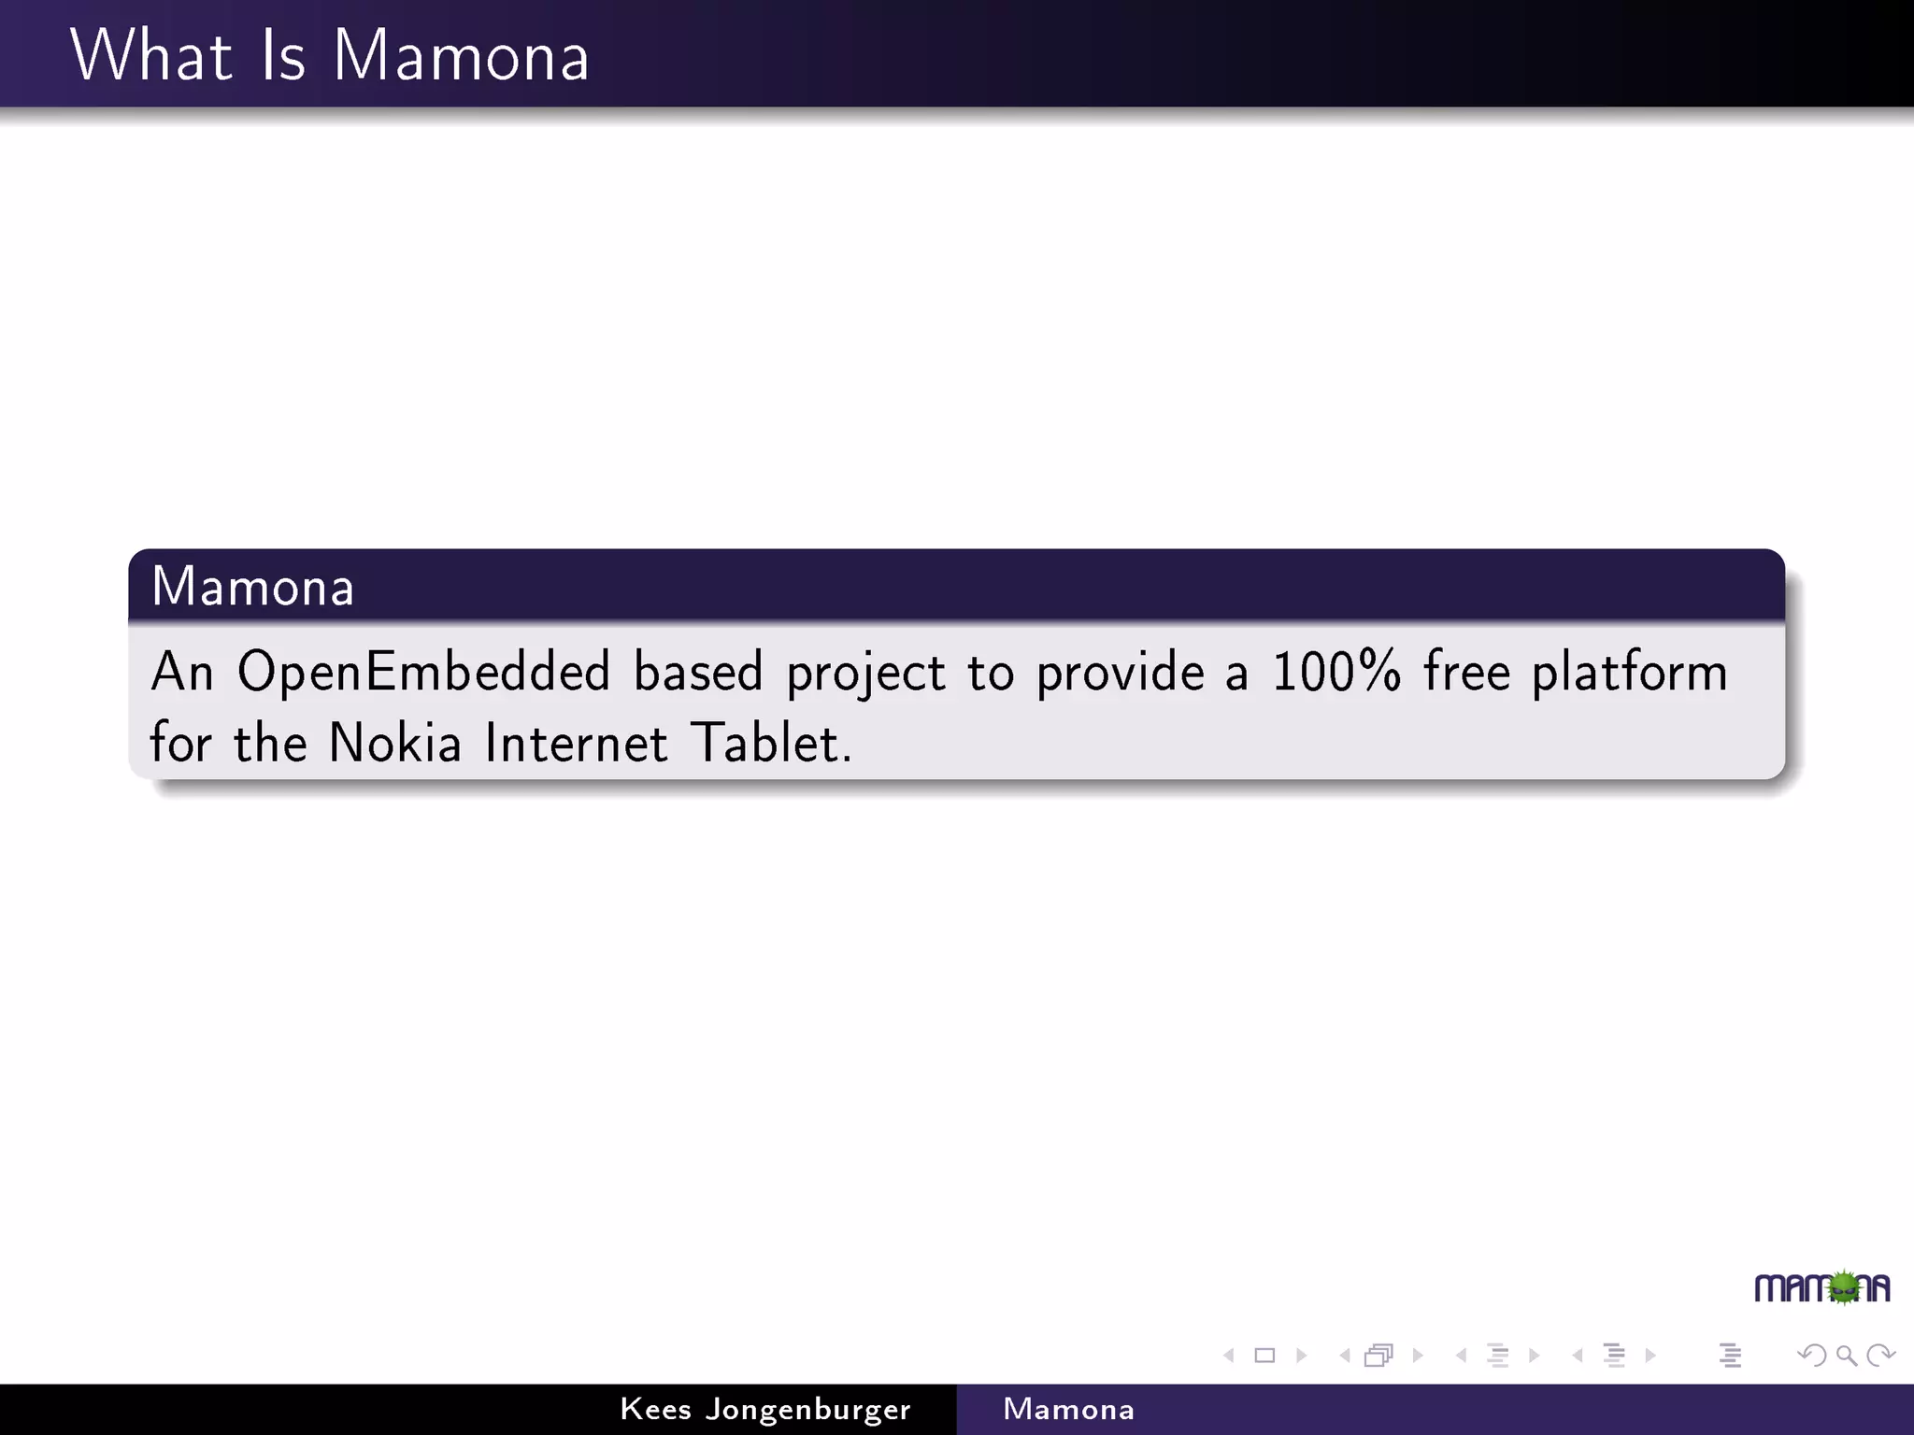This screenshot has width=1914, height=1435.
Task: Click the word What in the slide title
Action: pyautogui.click(x=150, y=56)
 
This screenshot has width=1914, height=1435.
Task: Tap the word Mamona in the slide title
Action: pyautogui.click(x=461, y=56)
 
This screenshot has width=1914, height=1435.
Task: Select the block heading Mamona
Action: pyautogui.click(x=252, y=587)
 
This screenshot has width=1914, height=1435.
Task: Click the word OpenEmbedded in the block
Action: pyautogui.click(x=423, y=673)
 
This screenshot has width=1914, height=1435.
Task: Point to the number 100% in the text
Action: pyautogui.click(x=1336, y=671)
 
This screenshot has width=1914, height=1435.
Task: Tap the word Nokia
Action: pyautogui.click(x=395, y=744)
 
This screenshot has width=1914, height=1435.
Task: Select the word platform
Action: pyautogui.click(x=1629, y=673)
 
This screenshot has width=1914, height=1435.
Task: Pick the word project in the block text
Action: pyautogui.click(x=865, y=673)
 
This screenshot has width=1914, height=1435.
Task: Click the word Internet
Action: pyautogui.click(x=576, y=744)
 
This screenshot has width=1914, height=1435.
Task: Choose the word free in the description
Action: pyautogui.click(x=1466, y=671)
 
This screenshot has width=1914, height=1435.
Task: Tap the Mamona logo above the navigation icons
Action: pyautogui.click(x=1821, y=1288)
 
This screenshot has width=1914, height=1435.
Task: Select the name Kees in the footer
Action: pyautogui.click(x=655, y=1409)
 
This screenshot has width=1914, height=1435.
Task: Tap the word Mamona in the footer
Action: pyautogui.click(x=1068, y=1409)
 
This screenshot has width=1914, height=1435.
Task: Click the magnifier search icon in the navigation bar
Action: pyautogui.click(x=1846, y=1356)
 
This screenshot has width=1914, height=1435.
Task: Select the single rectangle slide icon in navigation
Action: pyautogui.click(x=1264, y=1356)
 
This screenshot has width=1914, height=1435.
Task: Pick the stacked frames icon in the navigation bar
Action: pyautogui.click(x=1378, y=1356)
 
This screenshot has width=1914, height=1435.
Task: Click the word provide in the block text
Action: pyautogui.click(x=1120, y=673)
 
